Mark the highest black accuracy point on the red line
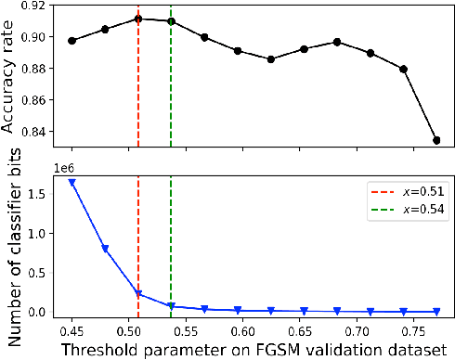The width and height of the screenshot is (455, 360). (x=137, y=19)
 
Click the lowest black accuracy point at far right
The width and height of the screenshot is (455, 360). (x=436, y=140)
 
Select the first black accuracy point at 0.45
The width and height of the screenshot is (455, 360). (x=71, y=41)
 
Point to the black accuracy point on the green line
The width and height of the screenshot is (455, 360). (x=171, y=21)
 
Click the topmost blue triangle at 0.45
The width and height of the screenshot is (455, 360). (x=71, y=183)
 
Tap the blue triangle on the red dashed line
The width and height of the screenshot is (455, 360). (x=137, y=294)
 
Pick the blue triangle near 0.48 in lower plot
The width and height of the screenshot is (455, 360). (x=105, y=249)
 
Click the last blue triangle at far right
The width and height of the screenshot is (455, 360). (x=436, y=312)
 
